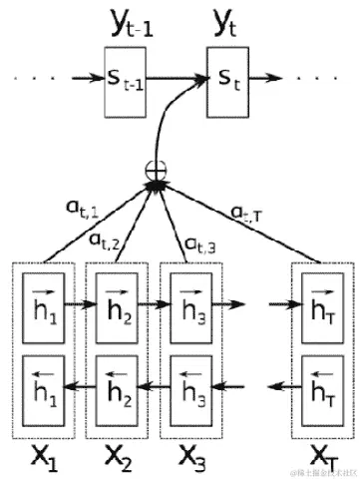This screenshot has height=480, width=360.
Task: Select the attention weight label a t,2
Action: click(105, 239)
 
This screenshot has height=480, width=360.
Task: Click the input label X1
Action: click(42, 458)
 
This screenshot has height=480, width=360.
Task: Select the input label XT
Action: click(320, 460)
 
